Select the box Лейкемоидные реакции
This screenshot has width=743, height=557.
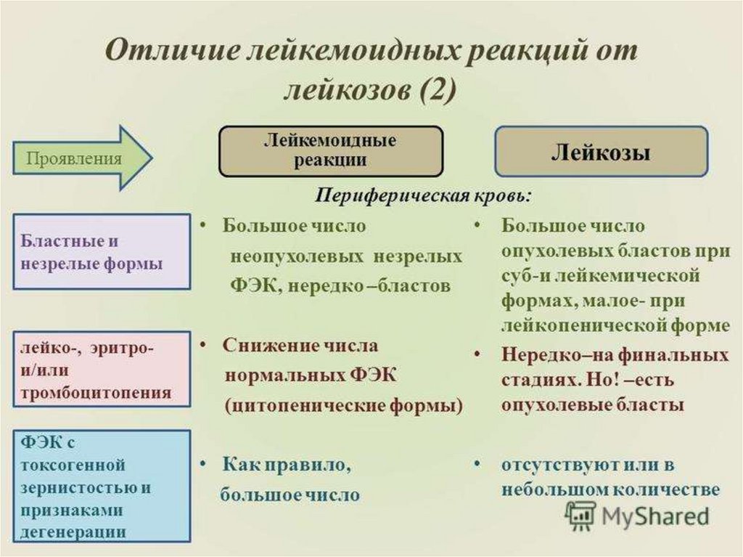330,151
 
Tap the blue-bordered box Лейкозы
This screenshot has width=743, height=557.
601,152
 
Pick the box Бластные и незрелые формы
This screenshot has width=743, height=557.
102,252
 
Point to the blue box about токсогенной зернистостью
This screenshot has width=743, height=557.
102,486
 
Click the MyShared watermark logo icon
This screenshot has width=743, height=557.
580,516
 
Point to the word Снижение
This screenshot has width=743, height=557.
264,345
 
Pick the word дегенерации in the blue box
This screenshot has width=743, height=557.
73,532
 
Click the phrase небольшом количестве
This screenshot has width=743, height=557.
610,489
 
